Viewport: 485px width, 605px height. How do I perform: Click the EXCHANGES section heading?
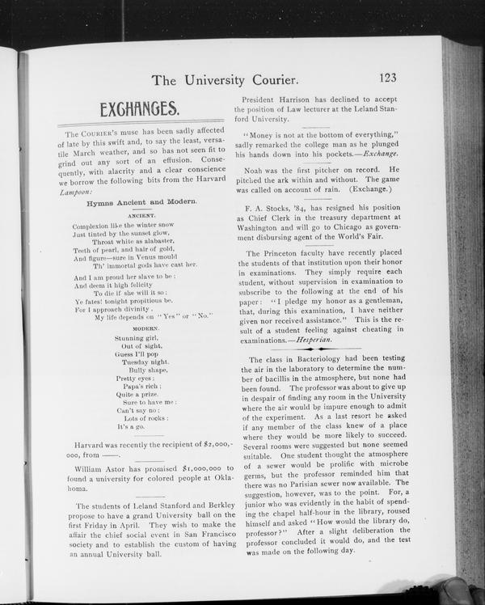click(139, 109)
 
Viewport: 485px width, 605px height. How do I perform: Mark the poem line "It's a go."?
click(132, 426)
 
